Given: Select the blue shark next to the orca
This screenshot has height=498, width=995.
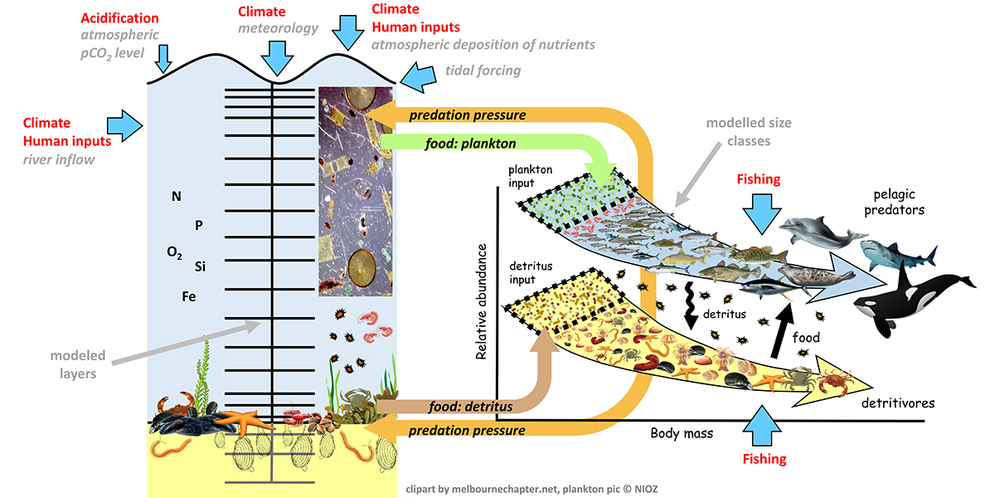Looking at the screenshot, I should point(900,256).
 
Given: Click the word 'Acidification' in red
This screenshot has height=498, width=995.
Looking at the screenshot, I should point(120,17).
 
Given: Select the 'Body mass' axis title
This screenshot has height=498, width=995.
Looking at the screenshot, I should point(681,432).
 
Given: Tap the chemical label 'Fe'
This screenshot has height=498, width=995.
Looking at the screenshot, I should point(189,295).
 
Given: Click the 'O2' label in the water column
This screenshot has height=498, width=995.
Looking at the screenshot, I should point(175,253).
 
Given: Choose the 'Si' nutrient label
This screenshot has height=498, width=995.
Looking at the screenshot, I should point(200,266).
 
